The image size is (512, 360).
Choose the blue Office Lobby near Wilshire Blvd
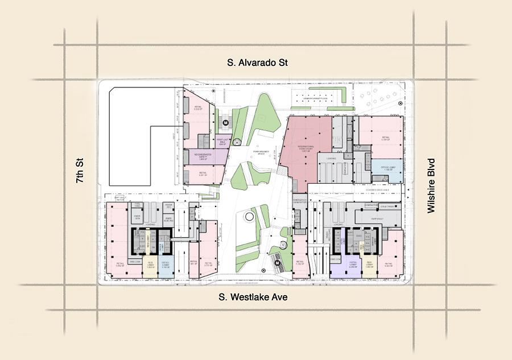tap(381, 169)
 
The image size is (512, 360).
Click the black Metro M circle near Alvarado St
tap(225, 122)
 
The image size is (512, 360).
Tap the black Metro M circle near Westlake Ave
tap(277, 264)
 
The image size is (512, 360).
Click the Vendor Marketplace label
tap(316, 99)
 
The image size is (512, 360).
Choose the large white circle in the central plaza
tap(250, 217)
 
